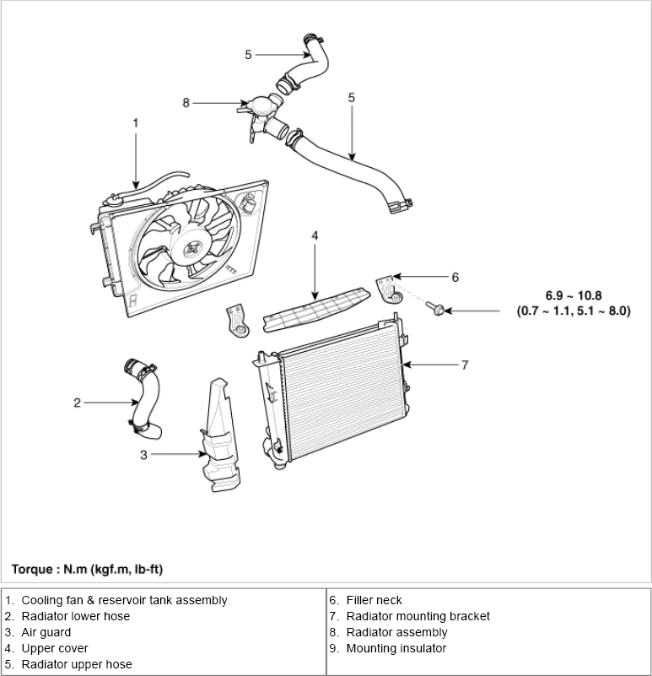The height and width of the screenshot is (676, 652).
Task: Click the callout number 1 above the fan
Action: [136, 123]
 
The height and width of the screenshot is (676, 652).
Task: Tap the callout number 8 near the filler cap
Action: [186, 103]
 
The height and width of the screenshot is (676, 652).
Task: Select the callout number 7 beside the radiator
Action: [465, 365]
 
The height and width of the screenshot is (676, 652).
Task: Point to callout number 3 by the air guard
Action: [143, 455]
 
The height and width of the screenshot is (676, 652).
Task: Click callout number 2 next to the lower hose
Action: [77, 403]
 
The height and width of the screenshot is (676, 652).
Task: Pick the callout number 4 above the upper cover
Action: [315, 235]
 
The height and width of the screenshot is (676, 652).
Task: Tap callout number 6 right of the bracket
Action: [455, 277]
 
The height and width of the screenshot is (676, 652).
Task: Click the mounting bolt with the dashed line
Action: [436, 308]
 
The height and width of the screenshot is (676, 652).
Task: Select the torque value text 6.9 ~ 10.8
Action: [574, 295]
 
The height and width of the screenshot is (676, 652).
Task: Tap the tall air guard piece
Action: [221, 435]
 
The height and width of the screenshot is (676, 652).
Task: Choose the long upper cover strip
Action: [317, 311]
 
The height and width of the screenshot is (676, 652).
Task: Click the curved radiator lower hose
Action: [144, 399]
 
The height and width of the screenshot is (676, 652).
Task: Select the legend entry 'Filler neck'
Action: [374, 600]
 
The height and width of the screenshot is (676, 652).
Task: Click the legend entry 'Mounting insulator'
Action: [396, 648]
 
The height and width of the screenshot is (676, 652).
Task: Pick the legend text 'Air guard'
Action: [46, 632]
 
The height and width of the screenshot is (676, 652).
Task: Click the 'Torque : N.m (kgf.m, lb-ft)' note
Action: [87, 570]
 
